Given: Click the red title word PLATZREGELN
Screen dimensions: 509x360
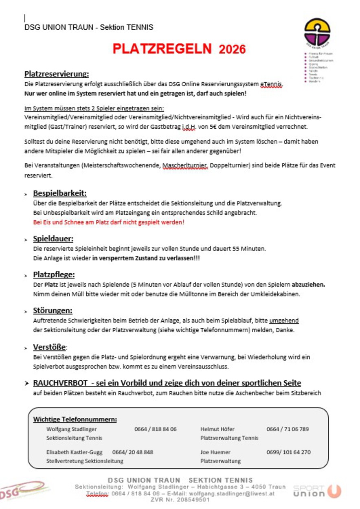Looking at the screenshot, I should pos(162,49).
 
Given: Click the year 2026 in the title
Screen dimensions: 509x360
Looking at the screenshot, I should pos(232,50).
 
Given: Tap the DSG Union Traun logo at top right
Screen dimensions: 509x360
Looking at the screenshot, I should pos(317,33).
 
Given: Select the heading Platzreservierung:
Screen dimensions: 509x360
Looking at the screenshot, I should pos(57,74).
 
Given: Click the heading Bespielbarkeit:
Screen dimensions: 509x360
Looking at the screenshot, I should pos(60,193).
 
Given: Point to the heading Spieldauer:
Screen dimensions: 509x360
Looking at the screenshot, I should pos(53,239).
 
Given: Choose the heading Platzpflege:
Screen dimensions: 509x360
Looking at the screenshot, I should pos(54,274).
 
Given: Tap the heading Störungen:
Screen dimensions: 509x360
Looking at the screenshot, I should pos(53,311).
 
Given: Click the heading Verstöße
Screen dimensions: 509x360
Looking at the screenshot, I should pos(49,347).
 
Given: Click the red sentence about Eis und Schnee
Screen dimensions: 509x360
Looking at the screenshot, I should pos(109,222).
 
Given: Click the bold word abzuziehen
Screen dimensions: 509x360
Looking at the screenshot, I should pos(308,285).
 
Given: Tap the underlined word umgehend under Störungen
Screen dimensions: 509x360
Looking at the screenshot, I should pos(284,321).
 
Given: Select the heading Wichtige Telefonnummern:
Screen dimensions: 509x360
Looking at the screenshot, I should pos(75,419).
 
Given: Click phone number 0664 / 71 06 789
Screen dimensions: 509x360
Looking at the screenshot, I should pos(288,429).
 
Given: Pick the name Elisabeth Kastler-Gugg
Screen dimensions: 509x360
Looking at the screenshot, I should pos(75,452).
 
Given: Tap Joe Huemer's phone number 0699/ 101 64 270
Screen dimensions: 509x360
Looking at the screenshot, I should pos(288,452).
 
